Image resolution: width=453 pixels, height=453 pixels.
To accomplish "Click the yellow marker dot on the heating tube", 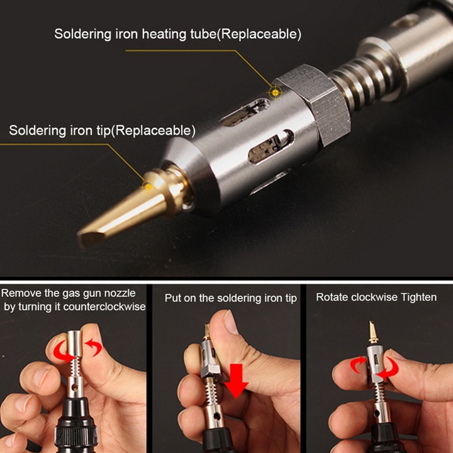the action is coord(276,92).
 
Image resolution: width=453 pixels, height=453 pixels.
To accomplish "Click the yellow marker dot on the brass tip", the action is coord(148,187).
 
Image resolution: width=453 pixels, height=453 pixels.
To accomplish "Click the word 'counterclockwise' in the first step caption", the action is coord(104,306).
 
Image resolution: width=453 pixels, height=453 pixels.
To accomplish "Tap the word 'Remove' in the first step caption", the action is coord(21,293).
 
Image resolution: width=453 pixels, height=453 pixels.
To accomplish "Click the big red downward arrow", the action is coord(237,381).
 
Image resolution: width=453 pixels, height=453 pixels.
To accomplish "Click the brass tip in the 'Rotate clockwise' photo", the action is coord(372,332).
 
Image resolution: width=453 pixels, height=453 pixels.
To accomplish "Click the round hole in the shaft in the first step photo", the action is coord(75,387).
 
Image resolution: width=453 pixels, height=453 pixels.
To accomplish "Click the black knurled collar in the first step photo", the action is coord(75,437).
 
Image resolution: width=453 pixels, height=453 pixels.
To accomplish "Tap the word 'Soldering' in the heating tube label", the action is coord(82,34).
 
